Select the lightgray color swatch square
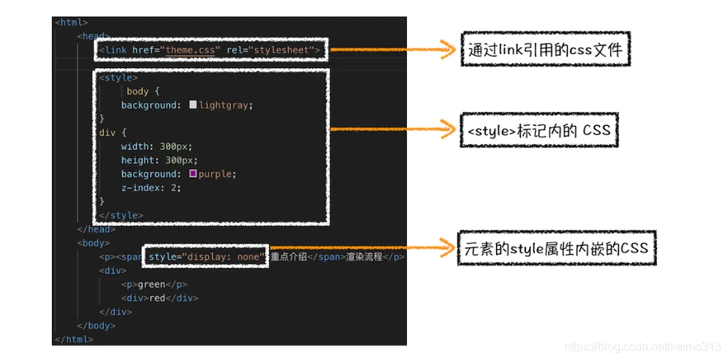click(193, 105)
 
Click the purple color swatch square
click(193, 173)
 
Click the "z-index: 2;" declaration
click(151, 187)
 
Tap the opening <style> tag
click(118, 77)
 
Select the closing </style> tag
click(121, 215)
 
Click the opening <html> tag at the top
click(71, 23)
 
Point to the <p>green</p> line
click(154, 285)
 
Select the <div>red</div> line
click(160, 298)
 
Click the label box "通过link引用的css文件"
click(545, 50)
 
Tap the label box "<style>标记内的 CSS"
click(539, 130)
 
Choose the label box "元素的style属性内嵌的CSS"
click(556, 248)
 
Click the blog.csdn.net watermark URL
click(644, 346)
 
